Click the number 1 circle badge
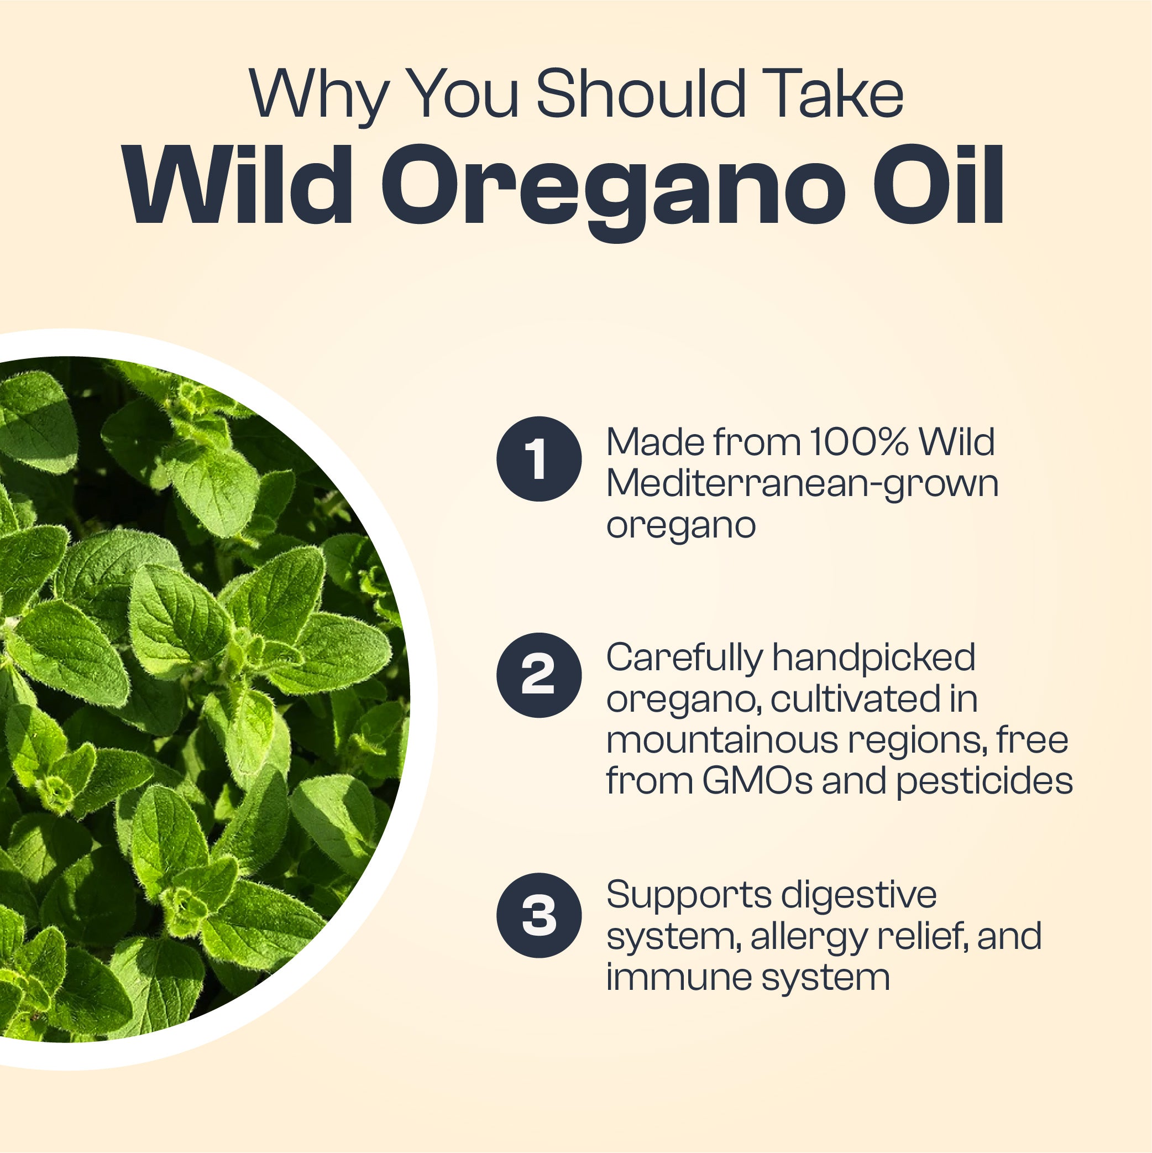pyautogui.click(x=539, y=459)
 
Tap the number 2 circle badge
pyautogui.click(x=539, y=675)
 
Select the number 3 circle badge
pyautogui.click(x=539, y=915)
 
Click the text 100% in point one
pyautogui.click(x=859, y=442)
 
